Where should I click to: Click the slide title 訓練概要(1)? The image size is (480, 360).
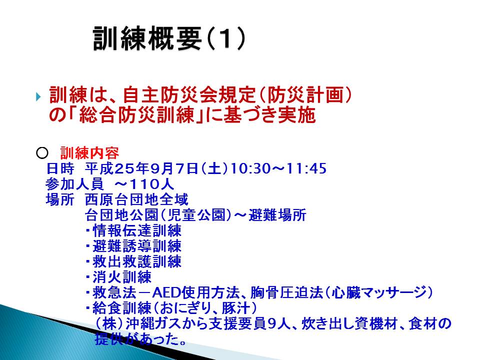(x=169, y=38)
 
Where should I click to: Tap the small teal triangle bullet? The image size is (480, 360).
(x=38, y=97)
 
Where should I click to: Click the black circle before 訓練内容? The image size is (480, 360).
(x=42, y=153)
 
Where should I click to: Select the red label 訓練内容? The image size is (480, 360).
(x=89, y=153)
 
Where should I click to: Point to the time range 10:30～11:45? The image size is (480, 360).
(x=278, y=168)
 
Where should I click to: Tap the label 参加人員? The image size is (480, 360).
(x=74, y=184)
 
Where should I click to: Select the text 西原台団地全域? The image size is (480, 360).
(x=136, y=199)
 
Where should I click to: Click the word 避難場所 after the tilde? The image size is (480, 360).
(x=277, y=215)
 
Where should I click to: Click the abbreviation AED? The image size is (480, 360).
(x=166, y=293)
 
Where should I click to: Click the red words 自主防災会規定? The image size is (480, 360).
(x=189, y=95)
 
